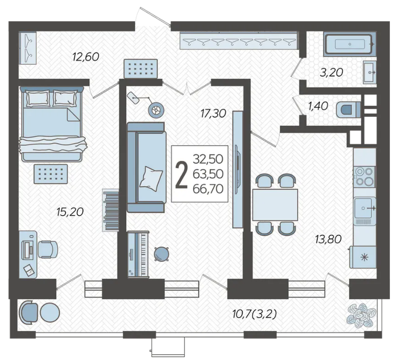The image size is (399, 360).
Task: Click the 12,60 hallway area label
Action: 85,57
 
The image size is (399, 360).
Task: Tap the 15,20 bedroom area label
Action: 70,212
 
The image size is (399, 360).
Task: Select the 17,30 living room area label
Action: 213,113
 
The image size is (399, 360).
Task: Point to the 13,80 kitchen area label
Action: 328,239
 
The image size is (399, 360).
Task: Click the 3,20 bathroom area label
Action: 332,73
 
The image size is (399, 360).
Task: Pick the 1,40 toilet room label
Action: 318,106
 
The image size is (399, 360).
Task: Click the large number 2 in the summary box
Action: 182,175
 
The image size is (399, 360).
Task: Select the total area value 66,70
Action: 208,189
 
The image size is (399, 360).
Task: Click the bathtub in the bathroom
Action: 349,44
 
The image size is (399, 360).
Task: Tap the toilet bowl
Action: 348,110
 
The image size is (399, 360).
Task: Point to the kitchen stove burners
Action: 364,177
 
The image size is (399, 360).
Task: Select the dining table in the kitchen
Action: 275,205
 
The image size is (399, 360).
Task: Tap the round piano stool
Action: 161,254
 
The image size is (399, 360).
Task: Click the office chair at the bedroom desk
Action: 48,249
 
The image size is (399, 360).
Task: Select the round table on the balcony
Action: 50,313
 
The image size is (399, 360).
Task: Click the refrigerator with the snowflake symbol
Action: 363,257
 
